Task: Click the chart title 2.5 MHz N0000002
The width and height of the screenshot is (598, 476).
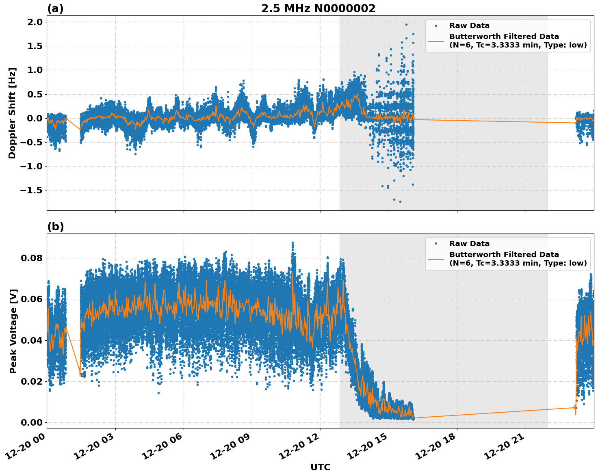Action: click(318, 9)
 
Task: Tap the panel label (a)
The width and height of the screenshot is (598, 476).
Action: click(55, 9)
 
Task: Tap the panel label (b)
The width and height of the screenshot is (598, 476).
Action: click(55, 227)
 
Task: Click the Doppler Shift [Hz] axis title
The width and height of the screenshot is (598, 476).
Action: click(12, 113)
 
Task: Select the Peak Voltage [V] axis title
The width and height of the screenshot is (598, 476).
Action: click(13, 331)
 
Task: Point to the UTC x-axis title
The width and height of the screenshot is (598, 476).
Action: click(320, 467)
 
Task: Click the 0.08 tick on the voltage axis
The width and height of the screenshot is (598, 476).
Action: click(32, 258)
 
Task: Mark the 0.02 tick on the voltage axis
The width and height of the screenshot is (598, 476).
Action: click(32, 381)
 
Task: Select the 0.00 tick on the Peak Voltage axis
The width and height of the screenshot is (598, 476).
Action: click(32, 422)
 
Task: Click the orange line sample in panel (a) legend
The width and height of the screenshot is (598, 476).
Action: click(435, 41)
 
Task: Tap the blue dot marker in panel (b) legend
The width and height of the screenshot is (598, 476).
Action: click(435, 244)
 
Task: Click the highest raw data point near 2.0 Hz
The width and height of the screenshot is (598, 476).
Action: click(406, 24)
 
